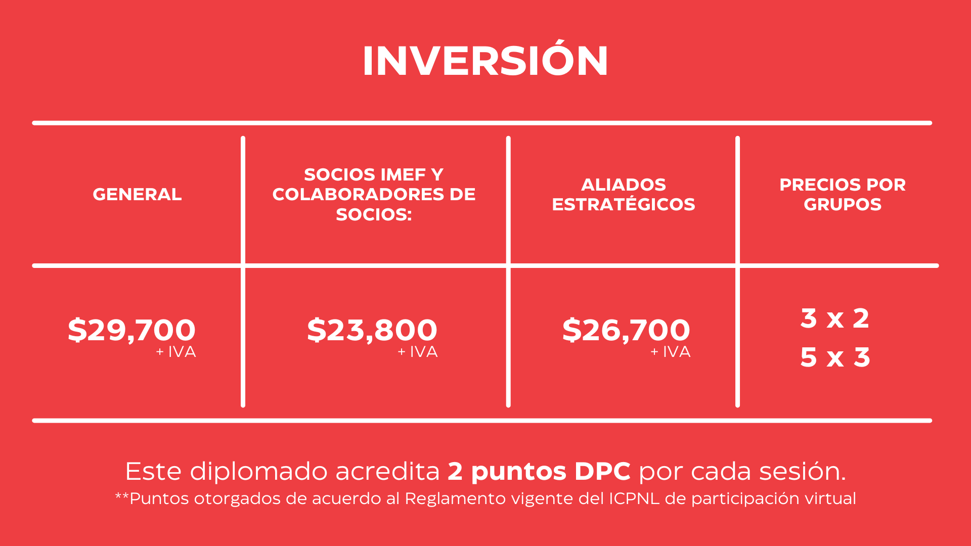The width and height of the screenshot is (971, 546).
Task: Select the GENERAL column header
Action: [137, 194]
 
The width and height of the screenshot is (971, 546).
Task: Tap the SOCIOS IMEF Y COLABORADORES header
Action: [374, 194]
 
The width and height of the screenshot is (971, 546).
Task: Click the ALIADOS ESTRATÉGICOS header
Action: [624, 194]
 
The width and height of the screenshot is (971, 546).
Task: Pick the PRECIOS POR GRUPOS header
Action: [843, 194]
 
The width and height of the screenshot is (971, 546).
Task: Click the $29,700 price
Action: [131, 330]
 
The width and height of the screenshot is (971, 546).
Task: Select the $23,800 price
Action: [372, 330]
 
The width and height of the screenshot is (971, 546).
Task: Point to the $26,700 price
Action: [626, 330]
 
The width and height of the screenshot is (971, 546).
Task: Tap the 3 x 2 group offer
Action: [835, 318]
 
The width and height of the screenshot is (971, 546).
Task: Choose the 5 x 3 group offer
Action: [835, 357]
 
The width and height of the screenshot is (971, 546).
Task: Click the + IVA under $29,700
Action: [176, 352]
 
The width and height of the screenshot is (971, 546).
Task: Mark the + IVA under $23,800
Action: [418, 352]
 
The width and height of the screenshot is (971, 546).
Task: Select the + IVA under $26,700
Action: [671, 352]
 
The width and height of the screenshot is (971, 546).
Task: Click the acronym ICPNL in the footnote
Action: [634, 498]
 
